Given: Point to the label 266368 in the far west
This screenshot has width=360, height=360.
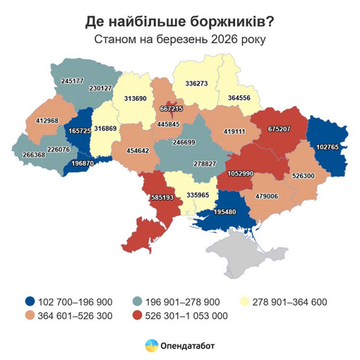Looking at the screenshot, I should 29,155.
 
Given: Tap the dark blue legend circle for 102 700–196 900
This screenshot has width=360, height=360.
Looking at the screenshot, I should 29,302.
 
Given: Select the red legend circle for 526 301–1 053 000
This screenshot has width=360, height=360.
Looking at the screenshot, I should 137,316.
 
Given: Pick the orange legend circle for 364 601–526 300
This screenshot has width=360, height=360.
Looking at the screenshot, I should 29,316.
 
